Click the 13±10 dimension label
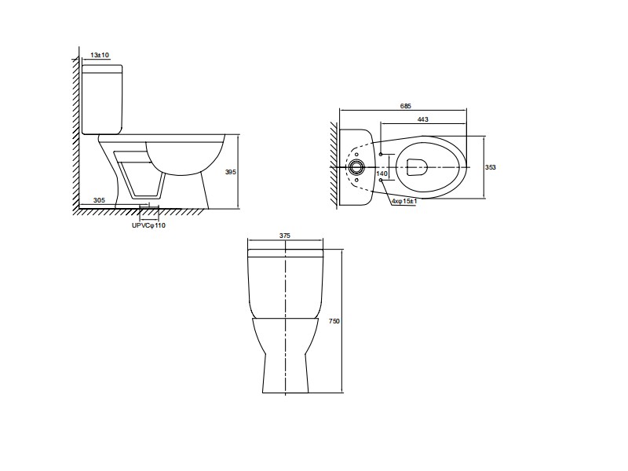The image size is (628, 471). click(100, 55)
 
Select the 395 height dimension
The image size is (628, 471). click(231, 172)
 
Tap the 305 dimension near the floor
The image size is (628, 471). click(99, 200)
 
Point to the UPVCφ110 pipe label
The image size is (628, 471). click(148, 225)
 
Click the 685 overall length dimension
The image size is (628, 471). click(406, 106)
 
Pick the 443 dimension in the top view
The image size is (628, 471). click(423, 119)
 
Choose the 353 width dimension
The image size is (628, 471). click(491, 167)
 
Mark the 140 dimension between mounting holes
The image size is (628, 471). click(382, 173)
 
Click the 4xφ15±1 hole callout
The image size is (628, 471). click(404, 201)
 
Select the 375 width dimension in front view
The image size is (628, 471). click(284, 236)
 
